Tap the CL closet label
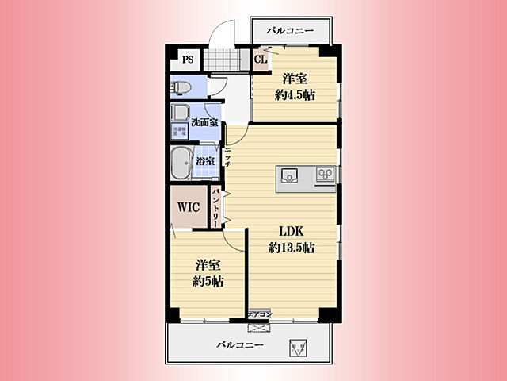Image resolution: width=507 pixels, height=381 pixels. pos(260,60)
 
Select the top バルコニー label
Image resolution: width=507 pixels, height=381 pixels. pos(289,31)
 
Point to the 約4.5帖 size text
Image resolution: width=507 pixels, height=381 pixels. pos(295,94)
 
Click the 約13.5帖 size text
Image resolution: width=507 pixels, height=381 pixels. pos(292,248)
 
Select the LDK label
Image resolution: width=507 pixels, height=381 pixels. pos(292,232)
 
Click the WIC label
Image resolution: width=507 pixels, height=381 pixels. pos(189,207)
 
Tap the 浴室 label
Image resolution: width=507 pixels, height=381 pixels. pos(204,161)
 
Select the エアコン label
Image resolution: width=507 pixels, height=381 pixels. pos(260,314)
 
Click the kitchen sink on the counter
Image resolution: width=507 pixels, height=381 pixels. pos(287,175)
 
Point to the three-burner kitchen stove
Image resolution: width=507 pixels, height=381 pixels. pos(324,174)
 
